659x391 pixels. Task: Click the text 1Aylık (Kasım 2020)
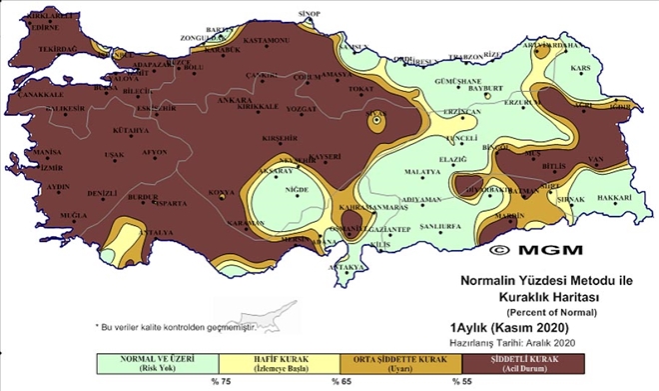pos(511,328)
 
